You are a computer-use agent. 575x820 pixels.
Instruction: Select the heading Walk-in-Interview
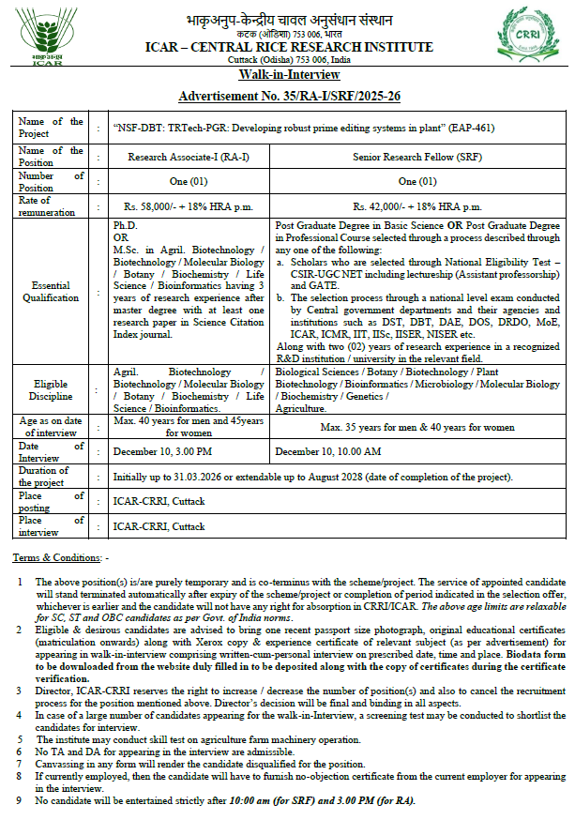[x=286, y=76]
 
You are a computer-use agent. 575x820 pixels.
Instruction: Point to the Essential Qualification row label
[x=51, y=291]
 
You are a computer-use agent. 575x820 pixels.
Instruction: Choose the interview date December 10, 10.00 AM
[x=327, y=451]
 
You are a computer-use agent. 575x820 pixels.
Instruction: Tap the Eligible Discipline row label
[x=51, y=389]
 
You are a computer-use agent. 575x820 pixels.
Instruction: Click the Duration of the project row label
[x=44, y=477]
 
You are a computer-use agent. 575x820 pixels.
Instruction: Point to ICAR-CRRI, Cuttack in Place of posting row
[x=159, y=501]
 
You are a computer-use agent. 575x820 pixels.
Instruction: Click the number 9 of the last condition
[x=20, y=799]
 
